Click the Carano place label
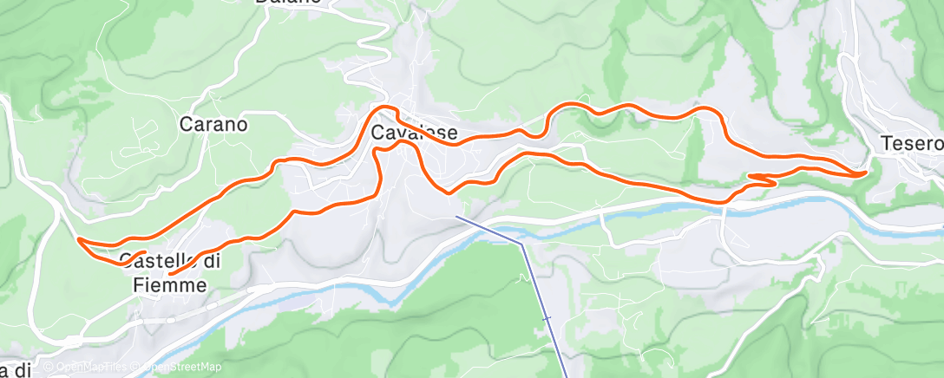(213, 124)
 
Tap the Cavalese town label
(413, 134)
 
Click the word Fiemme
(170, 284)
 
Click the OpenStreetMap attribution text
(178, 368)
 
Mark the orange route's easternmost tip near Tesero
(865, 173)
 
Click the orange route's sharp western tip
(79, 238)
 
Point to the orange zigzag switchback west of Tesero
(760, 179)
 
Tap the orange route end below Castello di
(170, 274)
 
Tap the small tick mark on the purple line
(547, 319)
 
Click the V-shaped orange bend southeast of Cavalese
(446, 192)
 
